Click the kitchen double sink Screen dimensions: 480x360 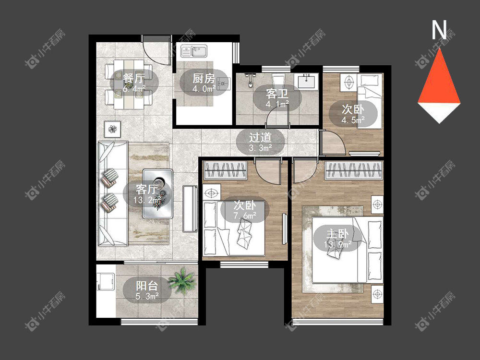click(194, 51)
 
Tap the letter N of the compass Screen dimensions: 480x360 click(439, 30)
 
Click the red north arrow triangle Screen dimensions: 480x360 click(439, 76)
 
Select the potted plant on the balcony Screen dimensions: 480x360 click(181, 281)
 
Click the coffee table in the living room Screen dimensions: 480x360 click(157, 193)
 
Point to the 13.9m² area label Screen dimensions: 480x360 click(337, 245)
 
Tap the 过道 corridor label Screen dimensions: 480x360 click(260, 137)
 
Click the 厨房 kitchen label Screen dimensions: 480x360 click(204, 79)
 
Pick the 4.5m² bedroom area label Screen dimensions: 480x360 click(353, 120)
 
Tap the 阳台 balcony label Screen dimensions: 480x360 click(147, 286)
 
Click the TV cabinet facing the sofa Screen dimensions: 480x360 click(190, 209)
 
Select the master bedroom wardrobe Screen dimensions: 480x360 click(354, 170)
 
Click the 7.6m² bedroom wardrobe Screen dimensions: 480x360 click(225, 170)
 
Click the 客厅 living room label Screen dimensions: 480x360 click(146, 190)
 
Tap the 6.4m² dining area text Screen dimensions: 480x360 click(134, 89)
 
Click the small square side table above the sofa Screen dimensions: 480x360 click(112, 129)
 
